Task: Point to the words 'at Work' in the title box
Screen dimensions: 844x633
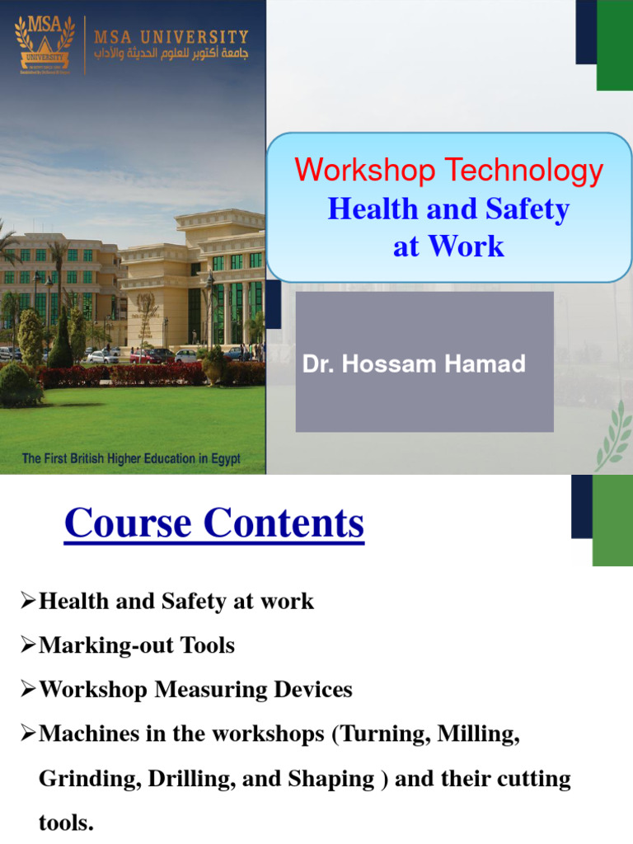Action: pos(448,246)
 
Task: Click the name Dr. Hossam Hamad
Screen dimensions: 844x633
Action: pos(414,364)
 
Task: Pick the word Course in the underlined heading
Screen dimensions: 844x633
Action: pos(127,523)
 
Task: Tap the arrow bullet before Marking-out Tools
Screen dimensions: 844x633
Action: pos(28,646)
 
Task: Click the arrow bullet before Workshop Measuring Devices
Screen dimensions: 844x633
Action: pos(28,690)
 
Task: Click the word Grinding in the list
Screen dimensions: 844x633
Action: pos(90,779)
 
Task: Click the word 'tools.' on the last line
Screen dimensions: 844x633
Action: pos(66,823)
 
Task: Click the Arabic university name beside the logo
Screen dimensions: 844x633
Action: pos(171,54)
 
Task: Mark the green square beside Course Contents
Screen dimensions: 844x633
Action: pos(612,520)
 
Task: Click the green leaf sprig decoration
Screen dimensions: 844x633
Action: pos(614,437)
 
